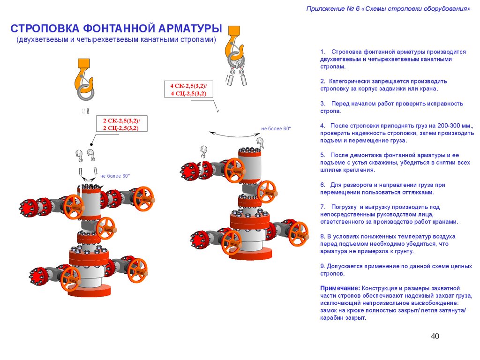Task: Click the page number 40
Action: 435,336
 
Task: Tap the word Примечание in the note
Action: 340,288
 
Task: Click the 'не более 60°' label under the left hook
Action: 115,176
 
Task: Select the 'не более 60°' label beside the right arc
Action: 276,128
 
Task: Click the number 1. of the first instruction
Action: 323,52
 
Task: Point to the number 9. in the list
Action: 323,266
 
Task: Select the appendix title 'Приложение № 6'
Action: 333,9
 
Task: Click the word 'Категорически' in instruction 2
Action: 348,81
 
